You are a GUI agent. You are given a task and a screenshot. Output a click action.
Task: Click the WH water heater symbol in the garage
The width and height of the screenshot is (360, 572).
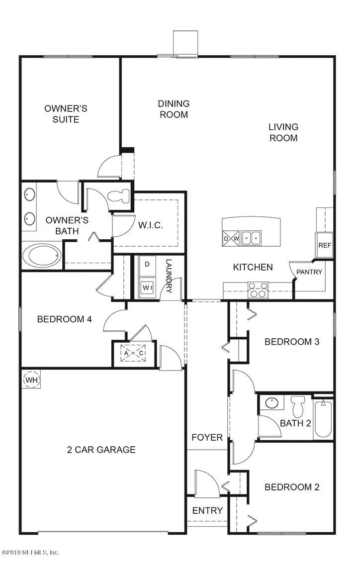tap(31, 380)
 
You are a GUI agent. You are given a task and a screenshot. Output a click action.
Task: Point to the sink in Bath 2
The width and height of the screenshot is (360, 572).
tap(272, 403)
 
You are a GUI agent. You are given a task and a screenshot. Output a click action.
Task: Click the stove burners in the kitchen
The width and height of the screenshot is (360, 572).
tap(258, 290)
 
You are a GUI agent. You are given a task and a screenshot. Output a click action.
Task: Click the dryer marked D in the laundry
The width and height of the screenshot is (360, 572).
tap(147, 265)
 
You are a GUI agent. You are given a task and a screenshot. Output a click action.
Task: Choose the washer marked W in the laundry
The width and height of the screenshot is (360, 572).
tap(147, 287)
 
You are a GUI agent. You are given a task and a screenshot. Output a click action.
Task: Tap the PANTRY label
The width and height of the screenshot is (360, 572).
tap(309, 272)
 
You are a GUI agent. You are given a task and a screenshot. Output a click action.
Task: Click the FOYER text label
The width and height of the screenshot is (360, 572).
tap(207, 438)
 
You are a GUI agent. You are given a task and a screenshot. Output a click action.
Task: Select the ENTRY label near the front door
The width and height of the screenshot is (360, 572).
tap(207, 511)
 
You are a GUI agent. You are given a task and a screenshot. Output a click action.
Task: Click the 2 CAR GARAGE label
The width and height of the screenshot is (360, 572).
tap(101, 450)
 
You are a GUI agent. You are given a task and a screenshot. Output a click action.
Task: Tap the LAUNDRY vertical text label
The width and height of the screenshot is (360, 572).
tap(169, 277)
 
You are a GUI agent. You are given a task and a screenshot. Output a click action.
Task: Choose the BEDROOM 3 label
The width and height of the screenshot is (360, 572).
tap(291, 342)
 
